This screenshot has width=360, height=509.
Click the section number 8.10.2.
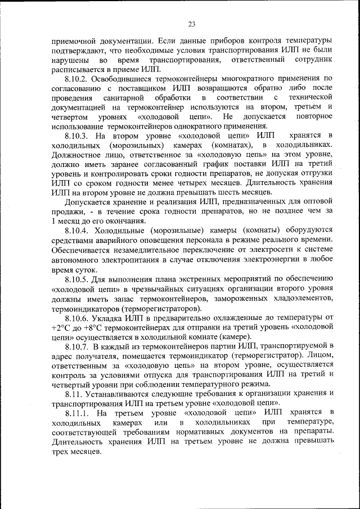78,79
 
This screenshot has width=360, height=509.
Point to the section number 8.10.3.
78,136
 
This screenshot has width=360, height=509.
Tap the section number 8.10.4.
78,231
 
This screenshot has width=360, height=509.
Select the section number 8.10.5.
78,278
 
